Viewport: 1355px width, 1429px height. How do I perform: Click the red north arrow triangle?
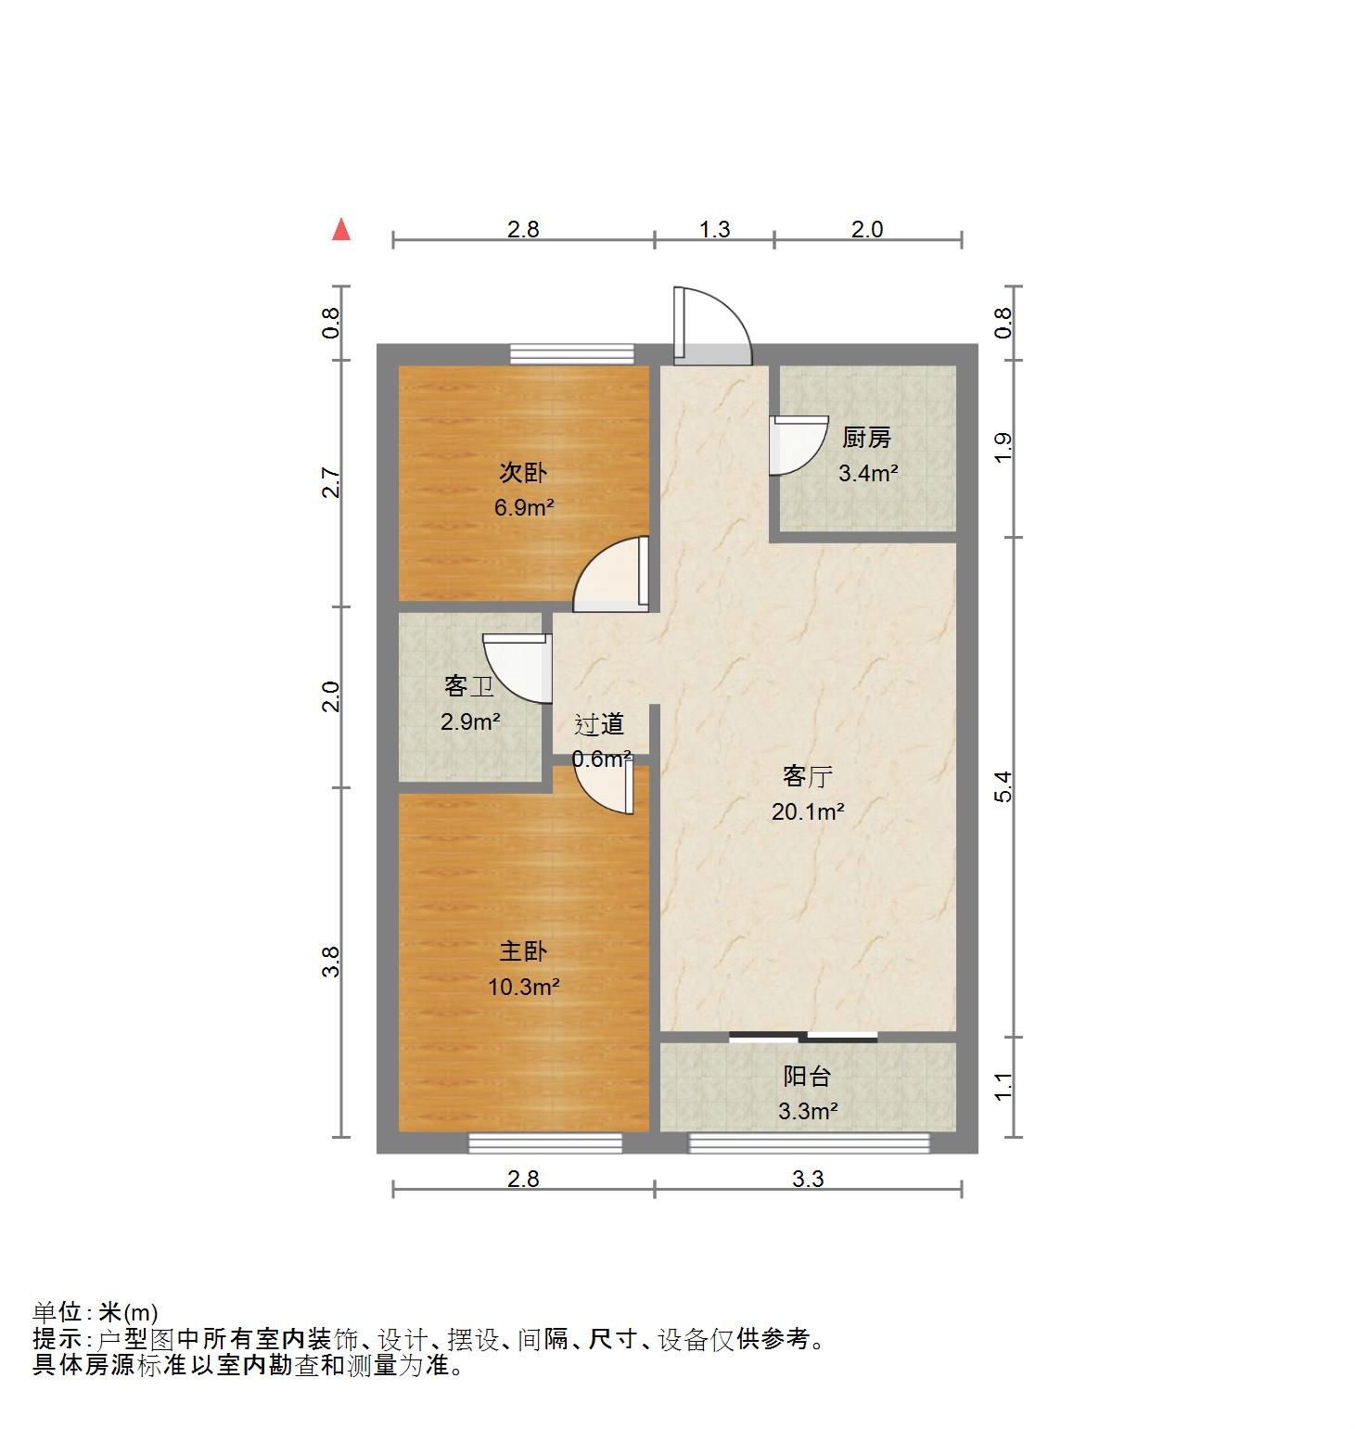click(x=341, y=229)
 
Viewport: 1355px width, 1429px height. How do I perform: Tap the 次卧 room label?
click(x=523, y=473)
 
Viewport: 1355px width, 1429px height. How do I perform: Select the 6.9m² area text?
click(x=524, y=507)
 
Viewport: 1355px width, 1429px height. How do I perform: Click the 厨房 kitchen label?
click(x=866, y=438)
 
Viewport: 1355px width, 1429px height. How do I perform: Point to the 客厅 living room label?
click(x=807, y=776)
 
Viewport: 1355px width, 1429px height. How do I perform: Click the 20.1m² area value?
click(x=808, y=812)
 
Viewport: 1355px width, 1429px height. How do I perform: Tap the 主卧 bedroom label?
click(x=523, y=951)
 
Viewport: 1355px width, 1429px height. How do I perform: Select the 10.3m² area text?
click(x=524, y=987)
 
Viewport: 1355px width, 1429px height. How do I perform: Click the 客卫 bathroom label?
click(x=468, y=687)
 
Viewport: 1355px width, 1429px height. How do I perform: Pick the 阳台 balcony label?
click(x=807, y=1077)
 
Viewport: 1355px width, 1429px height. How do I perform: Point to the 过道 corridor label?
click(x=599, y=724)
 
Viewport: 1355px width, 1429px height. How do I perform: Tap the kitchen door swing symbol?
click(x=798, y=445)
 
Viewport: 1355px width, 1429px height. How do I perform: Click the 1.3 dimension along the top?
click(x=714, y=229)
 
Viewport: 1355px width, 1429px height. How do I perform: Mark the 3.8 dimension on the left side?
click(x=331, y=962)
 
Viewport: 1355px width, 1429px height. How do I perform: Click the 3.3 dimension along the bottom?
click(x=808, y=1179)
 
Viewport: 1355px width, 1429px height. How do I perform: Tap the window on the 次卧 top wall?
click(x=571, y=353)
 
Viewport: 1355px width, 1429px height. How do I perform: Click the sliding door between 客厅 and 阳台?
click(x=803, y=1037)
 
